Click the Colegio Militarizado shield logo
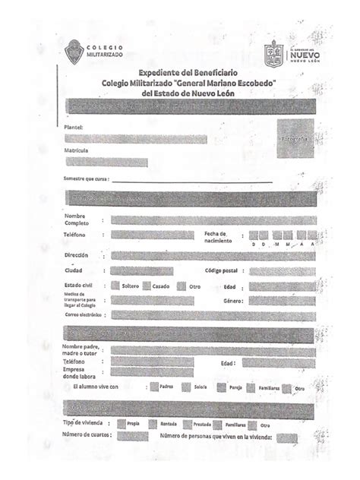[74, 52]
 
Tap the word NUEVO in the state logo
[304, 55]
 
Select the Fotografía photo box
[294, 140]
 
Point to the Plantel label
[73, 127]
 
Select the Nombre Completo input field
[213, 219]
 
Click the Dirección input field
[213, 255]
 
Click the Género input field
[282, 301]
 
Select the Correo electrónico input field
[213, 314]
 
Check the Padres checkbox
[154, 387]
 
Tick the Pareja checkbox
[221, 387]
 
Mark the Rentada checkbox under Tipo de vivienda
[153, 424]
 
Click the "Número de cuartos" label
[87, 435]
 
